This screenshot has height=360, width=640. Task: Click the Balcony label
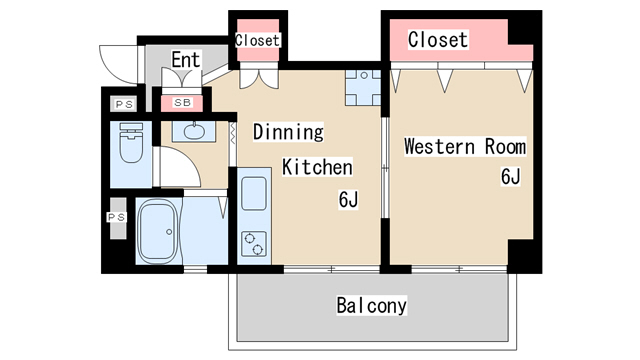click(371, 305)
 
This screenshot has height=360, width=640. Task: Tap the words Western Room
click(465, 147)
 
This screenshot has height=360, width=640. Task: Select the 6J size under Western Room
click(511, 177)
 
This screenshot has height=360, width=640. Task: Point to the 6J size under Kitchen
click(348, 200)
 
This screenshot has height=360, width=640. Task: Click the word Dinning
click(288, 131)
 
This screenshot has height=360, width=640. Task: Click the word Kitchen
click(317, 167)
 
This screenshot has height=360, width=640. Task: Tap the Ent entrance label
click(186, 60)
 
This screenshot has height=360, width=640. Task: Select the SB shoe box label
click(182, 103)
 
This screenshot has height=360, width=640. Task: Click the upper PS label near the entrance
click(124, 104)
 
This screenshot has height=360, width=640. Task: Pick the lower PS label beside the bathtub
click(116, 217)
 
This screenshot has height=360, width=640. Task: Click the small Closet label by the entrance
click(257, 40)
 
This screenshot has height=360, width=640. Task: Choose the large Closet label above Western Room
click(438, 40)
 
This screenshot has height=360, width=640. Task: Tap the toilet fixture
click(131, 143)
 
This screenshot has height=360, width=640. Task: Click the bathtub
click(158, 231)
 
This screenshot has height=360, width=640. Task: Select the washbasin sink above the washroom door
click(194, 131)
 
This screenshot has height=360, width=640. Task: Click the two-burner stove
click(254, 244)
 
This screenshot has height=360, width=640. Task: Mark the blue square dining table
click(364, 88)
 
